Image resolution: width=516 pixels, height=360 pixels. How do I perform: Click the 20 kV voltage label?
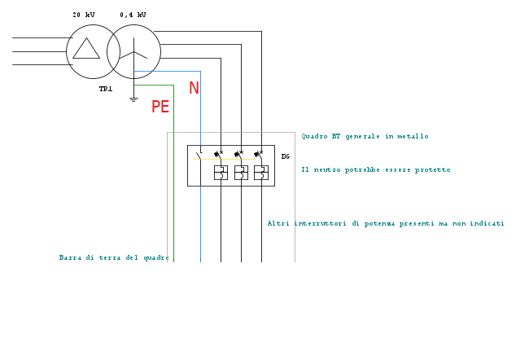coord(85,15)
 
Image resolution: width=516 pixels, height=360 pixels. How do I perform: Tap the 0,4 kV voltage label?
coord(133,15)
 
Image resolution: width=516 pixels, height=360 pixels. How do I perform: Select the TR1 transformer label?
coord(106,89)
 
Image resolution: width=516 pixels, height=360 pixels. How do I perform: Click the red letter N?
coord(194,88)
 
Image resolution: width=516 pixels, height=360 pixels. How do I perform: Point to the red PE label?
coord(160,107)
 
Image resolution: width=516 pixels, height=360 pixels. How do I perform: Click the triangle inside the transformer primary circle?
coord(86,49)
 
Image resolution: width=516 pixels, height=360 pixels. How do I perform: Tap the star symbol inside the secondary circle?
coord(134,53)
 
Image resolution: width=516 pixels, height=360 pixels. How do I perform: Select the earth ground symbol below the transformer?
coord(133,99)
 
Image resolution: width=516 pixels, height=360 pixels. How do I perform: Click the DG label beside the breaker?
coord(286,156)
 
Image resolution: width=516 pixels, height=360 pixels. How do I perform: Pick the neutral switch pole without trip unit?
coord(199,154)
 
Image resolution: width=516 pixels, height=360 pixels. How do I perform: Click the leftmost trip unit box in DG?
coord(221,172)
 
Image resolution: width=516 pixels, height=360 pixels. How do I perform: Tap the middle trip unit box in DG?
coord(241,172)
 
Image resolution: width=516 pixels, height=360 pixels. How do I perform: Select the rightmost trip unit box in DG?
coord(261,172)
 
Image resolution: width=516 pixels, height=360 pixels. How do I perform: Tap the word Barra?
coord(71,257)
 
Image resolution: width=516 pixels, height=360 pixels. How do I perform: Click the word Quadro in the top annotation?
coord(314,136)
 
